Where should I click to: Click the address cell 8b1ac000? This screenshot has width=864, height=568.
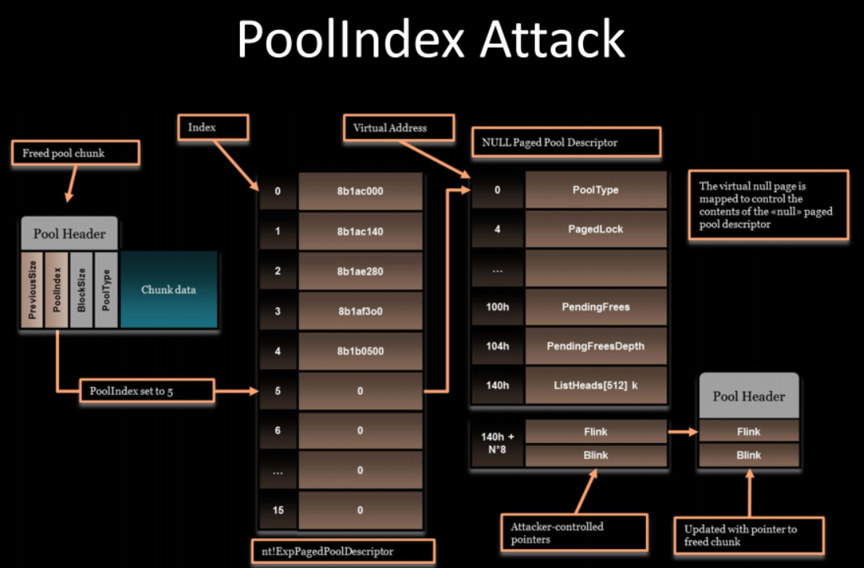[x=360, y=191]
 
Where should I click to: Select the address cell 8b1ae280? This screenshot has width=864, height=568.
[x=360, y=271]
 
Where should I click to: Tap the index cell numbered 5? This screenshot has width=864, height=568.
[x=277, y=391]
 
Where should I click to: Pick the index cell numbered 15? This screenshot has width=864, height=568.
[x=277, y=511]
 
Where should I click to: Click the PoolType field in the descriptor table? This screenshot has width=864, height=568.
[x=596, y=190]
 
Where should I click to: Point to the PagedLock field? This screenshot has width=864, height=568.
[x=596, y=229]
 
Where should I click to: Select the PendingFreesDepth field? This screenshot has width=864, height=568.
[x=596, y=346]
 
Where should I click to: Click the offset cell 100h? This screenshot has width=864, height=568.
[x=497, y=307]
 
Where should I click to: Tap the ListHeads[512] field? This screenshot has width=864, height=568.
[x=596, y=385]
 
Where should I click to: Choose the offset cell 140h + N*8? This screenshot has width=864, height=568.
[x=497, y=443]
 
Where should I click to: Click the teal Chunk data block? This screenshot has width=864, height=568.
[x=168, y=290]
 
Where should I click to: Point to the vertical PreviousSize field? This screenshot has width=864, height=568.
[x=32, y=290]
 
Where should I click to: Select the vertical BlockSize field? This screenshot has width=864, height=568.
[x=81, y=290]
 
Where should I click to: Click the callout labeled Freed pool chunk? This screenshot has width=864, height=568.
[x=76, y=153]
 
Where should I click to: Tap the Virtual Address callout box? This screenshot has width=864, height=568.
[x=399, y=127]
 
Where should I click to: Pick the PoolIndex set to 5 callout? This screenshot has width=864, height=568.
[x=146, y=391]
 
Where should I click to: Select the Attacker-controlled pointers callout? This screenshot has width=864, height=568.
[x=574, y=532]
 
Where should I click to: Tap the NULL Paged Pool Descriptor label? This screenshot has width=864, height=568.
[x=566, y=142]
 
